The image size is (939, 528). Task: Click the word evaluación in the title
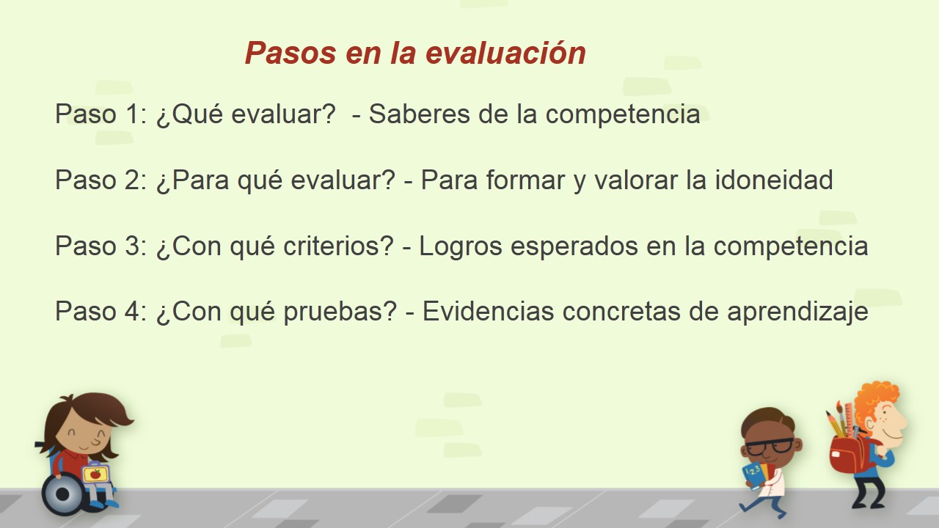click(x=505, y=54)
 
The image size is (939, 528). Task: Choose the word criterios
click(x=338, y=246)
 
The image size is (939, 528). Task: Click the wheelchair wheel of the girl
click(x=63, y=494)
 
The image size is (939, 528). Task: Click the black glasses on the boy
click(x=770, y=445)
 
